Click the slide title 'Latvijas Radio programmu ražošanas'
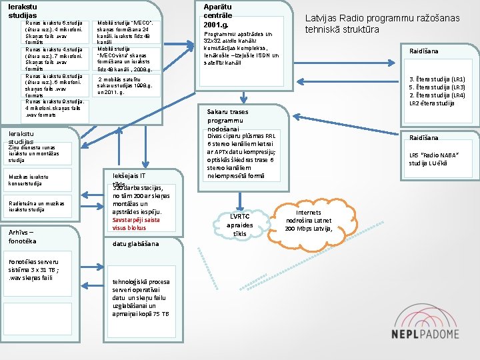click(382, 18)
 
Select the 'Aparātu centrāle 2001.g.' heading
click(217, 15)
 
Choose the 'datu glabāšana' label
click(136, 244)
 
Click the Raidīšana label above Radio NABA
click(423, 137)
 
